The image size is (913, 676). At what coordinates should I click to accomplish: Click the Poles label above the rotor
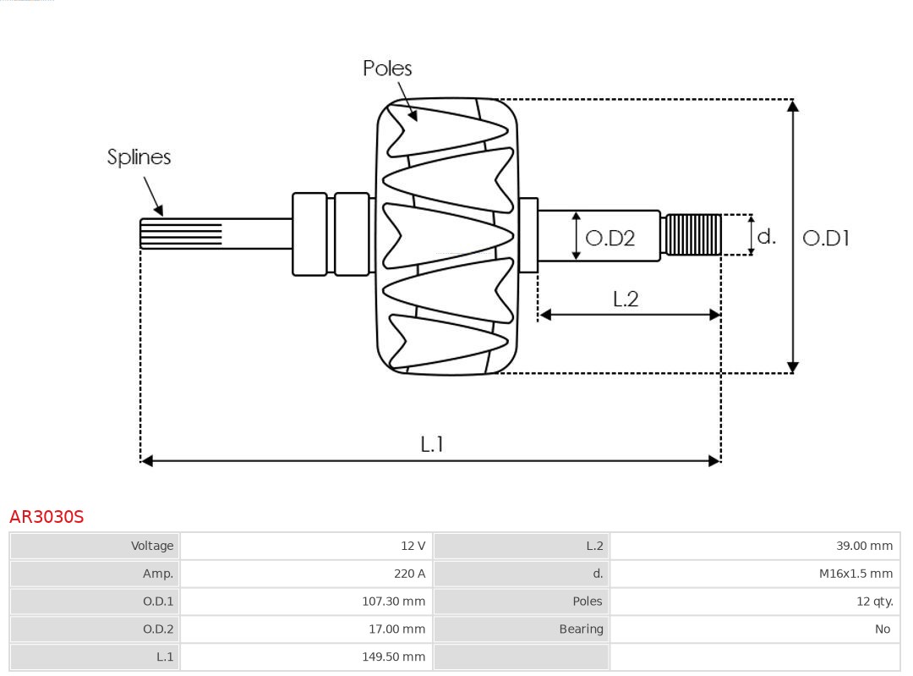tap(387, 68)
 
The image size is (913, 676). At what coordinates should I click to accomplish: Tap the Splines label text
tap(139, 157)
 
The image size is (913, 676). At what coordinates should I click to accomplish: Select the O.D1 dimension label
tap(825, 239)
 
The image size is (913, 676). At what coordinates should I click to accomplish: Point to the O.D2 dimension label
tap(610, 239)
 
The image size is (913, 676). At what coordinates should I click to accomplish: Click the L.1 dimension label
tap(432, 443)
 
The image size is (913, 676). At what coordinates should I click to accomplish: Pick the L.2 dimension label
tap(626, 299)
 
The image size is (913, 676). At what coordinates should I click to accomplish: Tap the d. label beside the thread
tap(766, 236)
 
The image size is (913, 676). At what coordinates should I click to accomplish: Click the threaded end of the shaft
tap(693, 234)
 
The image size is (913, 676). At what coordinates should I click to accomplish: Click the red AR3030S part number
tap(46, 516)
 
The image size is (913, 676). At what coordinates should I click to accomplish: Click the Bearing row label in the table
tap(581, 629)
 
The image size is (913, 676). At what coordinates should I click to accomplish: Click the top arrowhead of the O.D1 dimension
tap(792, 106)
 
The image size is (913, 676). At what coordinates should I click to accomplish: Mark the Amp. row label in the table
tap(157, 574)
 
